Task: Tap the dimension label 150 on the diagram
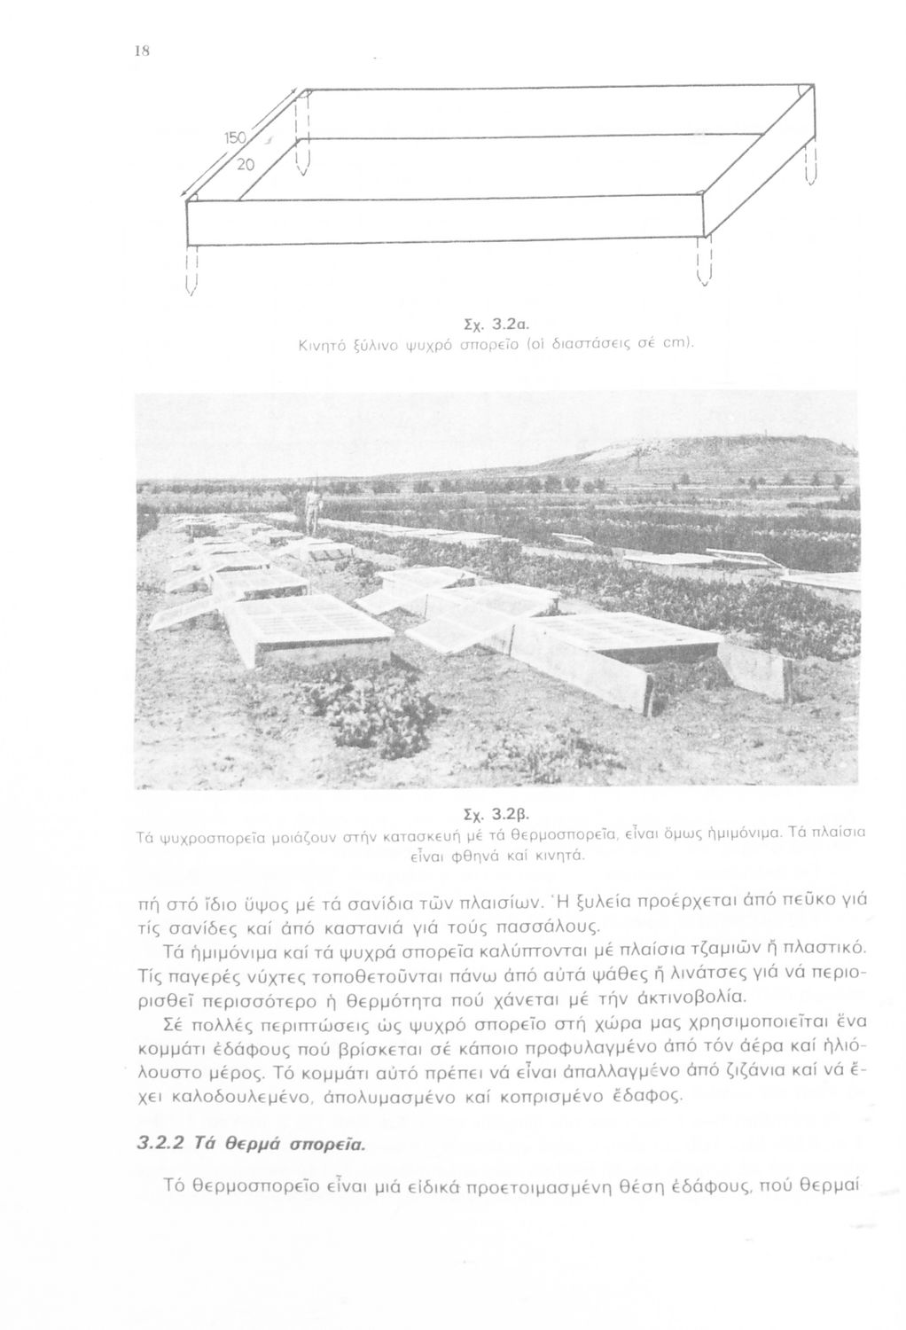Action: pyautogui.click(x=233, y=138)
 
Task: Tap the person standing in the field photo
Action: pyautogui.click(x=310, y=511)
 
